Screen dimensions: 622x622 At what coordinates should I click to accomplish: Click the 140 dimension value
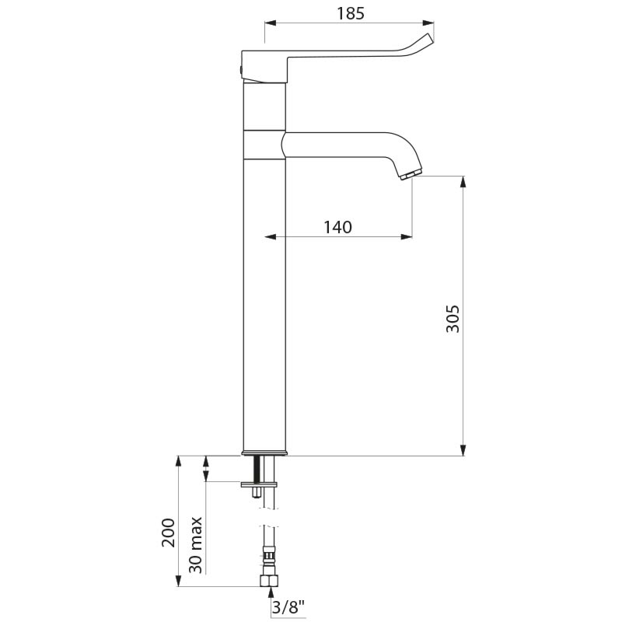337,227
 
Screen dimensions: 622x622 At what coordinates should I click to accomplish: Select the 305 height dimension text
453,319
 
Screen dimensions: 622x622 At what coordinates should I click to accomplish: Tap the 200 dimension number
168,533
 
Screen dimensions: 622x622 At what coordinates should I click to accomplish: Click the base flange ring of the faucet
265,453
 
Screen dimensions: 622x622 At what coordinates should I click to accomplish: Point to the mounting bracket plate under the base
259,484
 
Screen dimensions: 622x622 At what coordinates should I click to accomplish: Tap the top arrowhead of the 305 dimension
464,183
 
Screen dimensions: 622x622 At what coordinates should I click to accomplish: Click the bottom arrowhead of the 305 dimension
464,449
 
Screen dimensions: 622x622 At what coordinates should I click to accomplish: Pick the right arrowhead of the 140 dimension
406,236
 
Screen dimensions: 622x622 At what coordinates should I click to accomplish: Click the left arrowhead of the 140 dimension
271,236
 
